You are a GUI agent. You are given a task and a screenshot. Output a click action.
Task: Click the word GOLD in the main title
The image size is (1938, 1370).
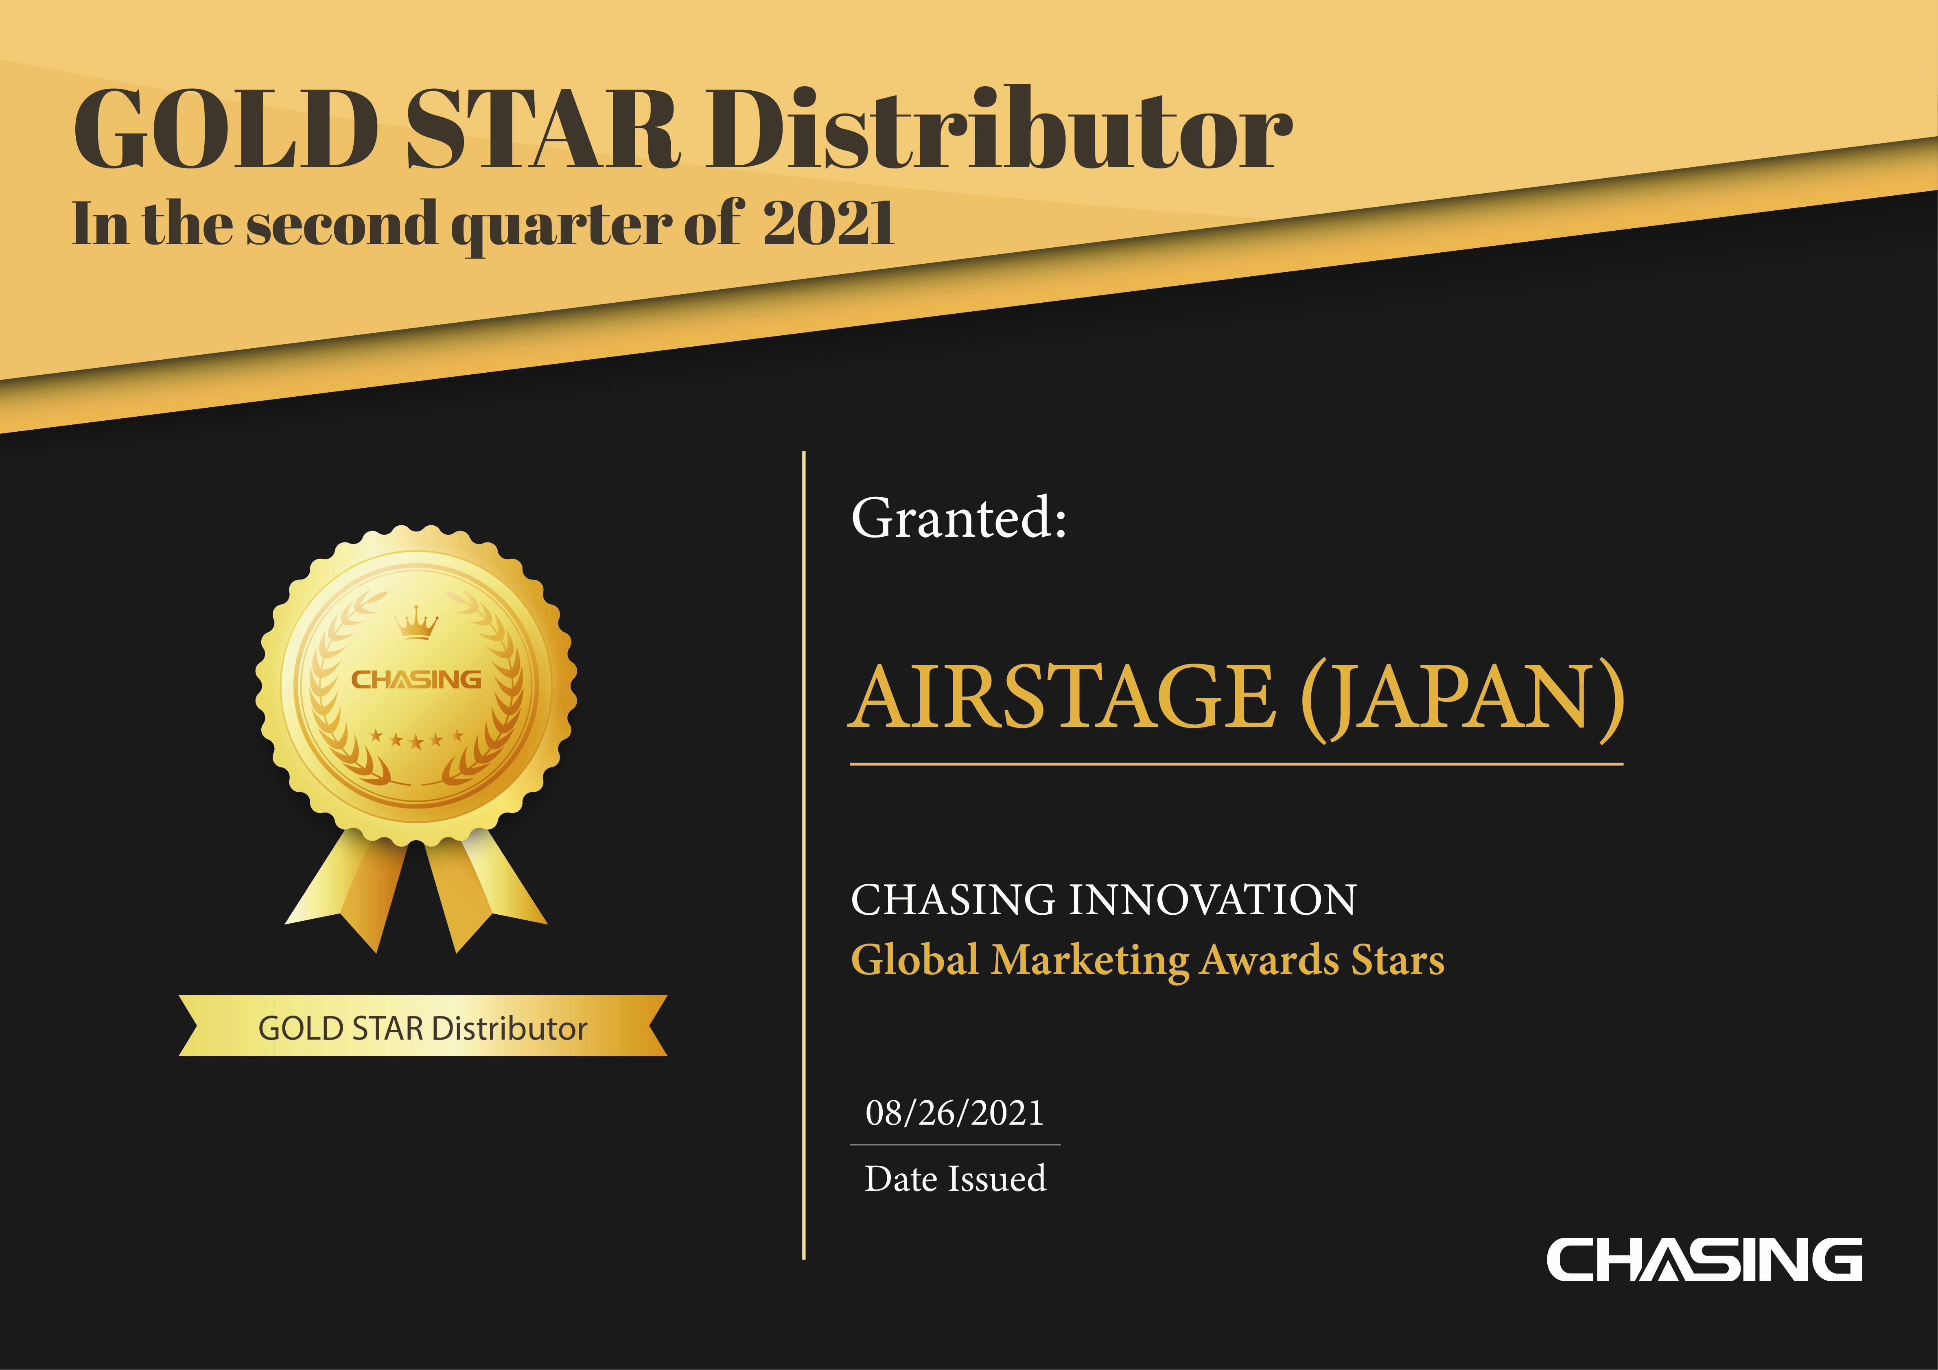point(226,129)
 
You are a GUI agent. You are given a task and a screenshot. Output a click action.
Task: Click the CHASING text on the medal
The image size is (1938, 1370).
point(416,680)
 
